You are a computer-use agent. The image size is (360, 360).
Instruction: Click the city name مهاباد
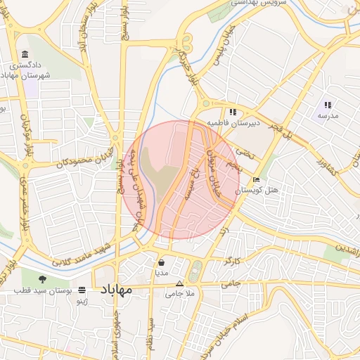(117, 290)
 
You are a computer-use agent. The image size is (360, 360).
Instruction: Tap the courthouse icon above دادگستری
(25, 55)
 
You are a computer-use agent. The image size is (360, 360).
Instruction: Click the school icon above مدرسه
(328, 105)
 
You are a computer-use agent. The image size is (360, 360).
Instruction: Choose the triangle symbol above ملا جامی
(179, 284)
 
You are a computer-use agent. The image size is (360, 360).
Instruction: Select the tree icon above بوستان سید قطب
(53, 278)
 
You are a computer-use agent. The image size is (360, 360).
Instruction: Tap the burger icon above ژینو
(82, 289)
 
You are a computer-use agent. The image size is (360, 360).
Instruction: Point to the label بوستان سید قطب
(46, 290)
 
